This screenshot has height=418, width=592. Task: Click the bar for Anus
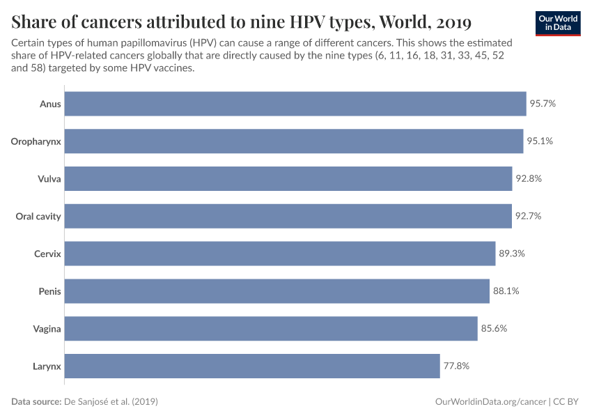coord(295,104)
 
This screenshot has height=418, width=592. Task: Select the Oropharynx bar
coord(294,141)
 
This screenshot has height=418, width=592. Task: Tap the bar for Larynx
coord(252,366)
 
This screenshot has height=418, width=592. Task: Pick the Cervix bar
coord(280,254)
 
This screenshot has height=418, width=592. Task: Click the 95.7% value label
coord(543,104)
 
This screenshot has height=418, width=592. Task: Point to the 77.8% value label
coord(456,366)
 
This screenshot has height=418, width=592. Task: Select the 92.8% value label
coord(529,178)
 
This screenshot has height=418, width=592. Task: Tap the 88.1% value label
coord(506,291)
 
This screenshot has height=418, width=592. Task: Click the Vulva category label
coord(49,179)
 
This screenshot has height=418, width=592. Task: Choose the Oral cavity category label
coord(38,217)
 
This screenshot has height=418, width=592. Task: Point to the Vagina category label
coord(47,329)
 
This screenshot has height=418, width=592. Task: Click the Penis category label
coord(49,291)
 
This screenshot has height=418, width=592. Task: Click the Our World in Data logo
coord(558,23)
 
